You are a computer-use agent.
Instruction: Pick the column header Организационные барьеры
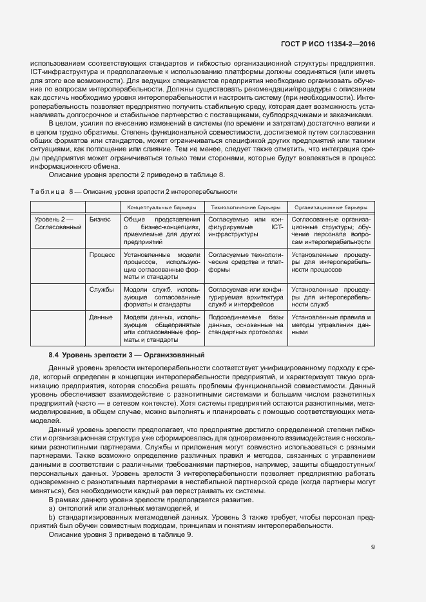pos(331,207)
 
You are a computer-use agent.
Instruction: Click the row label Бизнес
pos(100,220)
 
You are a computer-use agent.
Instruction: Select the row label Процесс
pos(102,255)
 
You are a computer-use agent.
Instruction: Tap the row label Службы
pos(102,290)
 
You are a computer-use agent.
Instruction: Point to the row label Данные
pos(101,318)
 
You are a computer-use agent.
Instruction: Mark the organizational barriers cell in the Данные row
pos(331,326)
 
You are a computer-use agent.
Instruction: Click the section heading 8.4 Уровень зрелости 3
pos(127,355)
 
